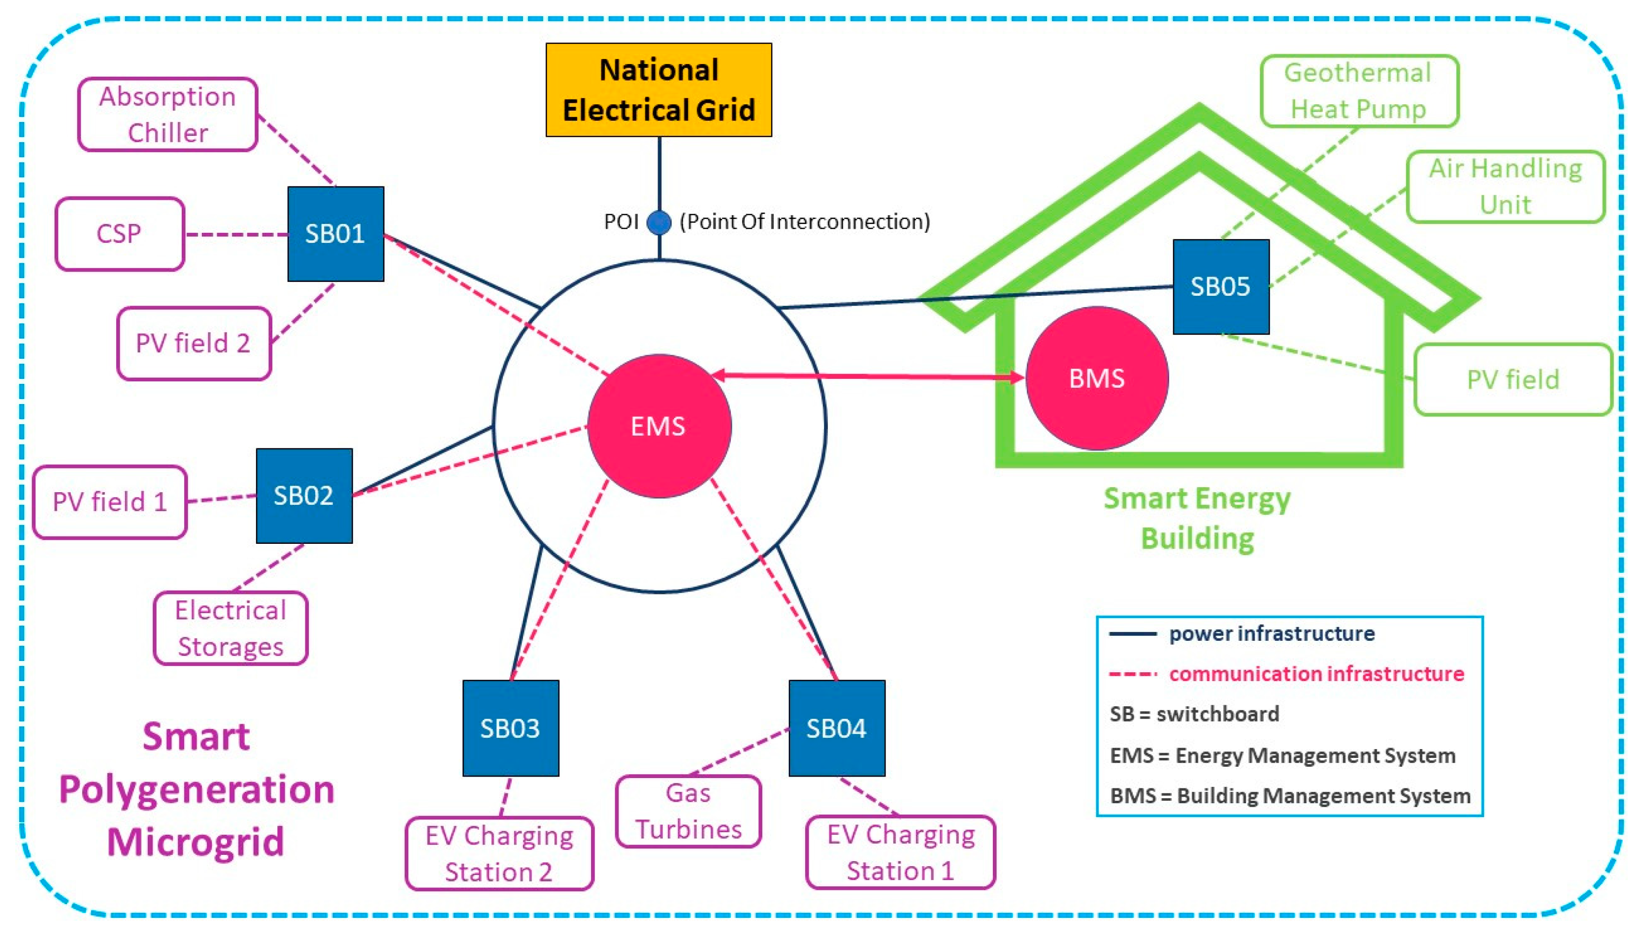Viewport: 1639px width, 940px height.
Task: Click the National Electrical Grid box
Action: click(x=658, y=90)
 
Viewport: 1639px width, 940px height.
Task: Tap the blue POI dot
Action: click(x=659, y=222)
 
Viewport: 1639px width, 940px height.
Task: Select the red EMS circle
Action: click(x=659, y=426)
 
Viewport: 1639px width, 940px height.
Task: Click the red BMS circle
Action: click(x=1096, y=378)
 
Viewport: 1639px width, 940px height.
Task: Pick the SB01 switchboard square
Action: click(x=335, y=234)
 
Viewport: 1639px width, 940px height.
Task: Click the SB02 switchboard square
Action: click(x=304, y=495)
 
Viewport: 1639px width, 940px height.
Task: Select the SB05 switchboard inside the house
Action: click(x=1220, y=286)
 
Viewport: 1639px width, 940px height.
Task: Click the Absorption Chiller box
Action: click(x=168, y=114)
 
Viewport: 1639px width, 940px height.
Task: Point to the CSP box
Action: click(x=120, y=234)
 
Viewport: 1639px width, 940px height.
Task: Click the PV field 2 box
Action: click(x=193, y=343)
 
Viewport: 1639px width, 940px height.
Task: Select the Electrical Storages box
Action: click(x=230, y=627)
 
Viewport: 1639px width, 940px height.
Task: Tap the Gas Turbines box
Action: click(x=688, y=811)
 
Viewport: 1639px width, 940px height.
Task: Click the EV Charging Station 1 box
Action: click(x=901, y=852)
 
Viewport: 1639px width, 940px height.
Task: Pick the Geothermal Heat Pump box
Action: click(x=1359, y=91)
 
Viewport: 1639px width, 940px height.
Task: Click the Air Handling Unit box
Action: click(x=1505, y=187)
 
